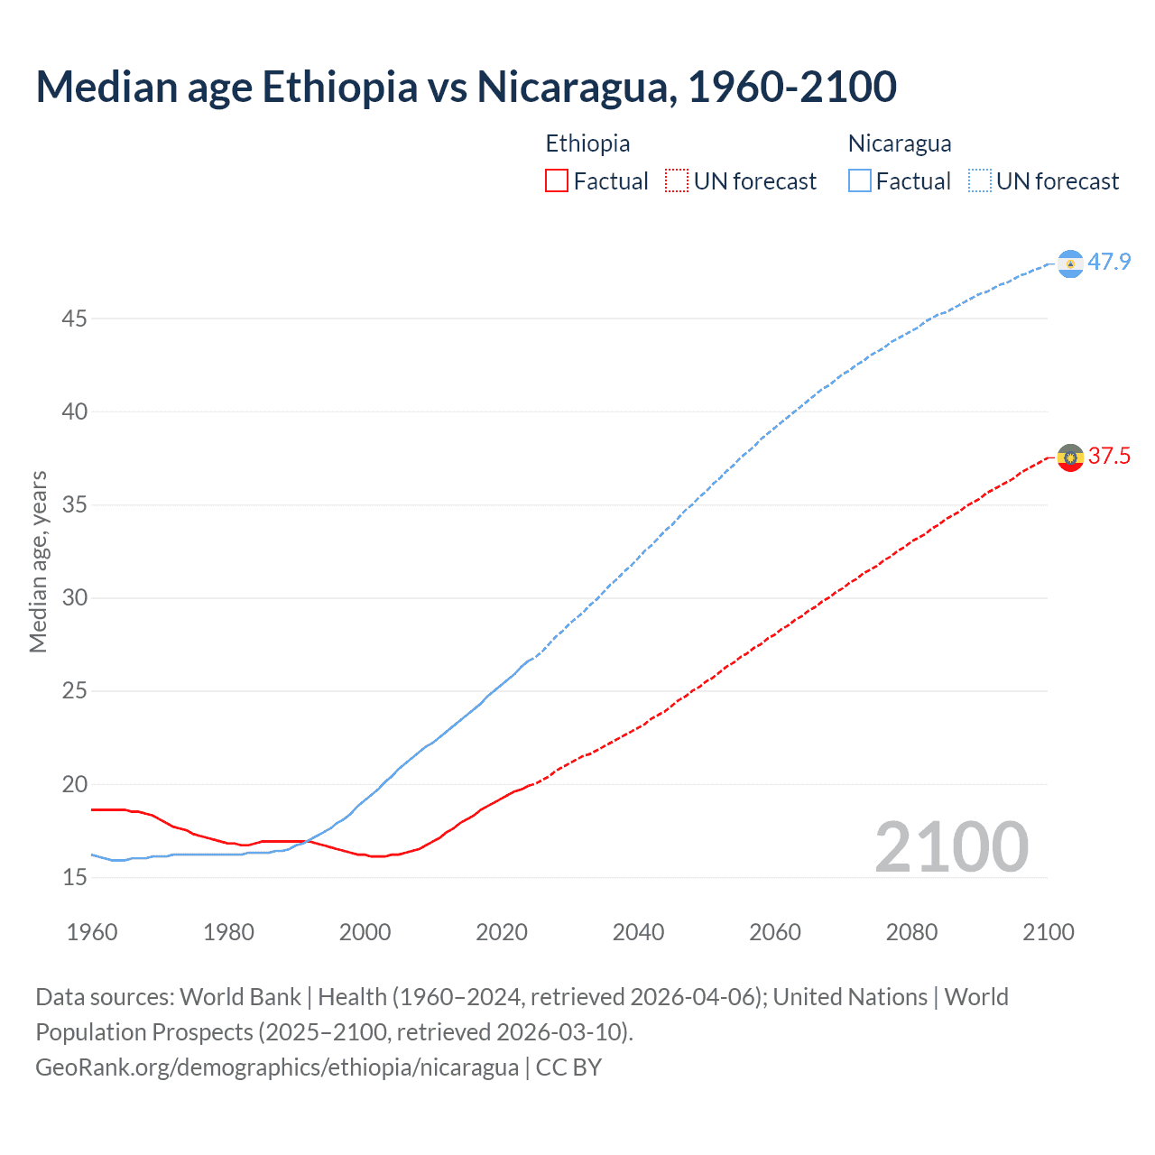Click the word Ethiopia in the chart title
(339, 87)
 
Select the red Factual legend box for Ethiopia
(557, 181)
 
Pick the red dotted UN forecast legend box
(676, 181)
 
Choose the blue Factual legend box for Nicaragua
(860, 181)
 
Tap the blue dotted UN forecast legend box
(979, 181)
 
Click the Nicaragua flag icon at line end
(1070, 263)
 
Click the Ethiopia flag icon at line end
(1070, 457)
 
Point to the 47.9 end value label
(1109, 263)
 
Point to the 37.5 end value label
(1109, 457)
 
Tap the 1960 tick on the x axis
(92, 932)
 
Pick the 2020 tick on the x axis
(502, 932)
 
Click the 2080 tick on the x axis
(911, 932)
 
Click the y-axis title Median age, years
(38, 561)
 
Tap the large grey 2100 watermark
(951, 847)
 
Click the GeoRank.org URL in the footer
(277, 1067)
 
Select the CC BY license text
(568, 1067)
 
